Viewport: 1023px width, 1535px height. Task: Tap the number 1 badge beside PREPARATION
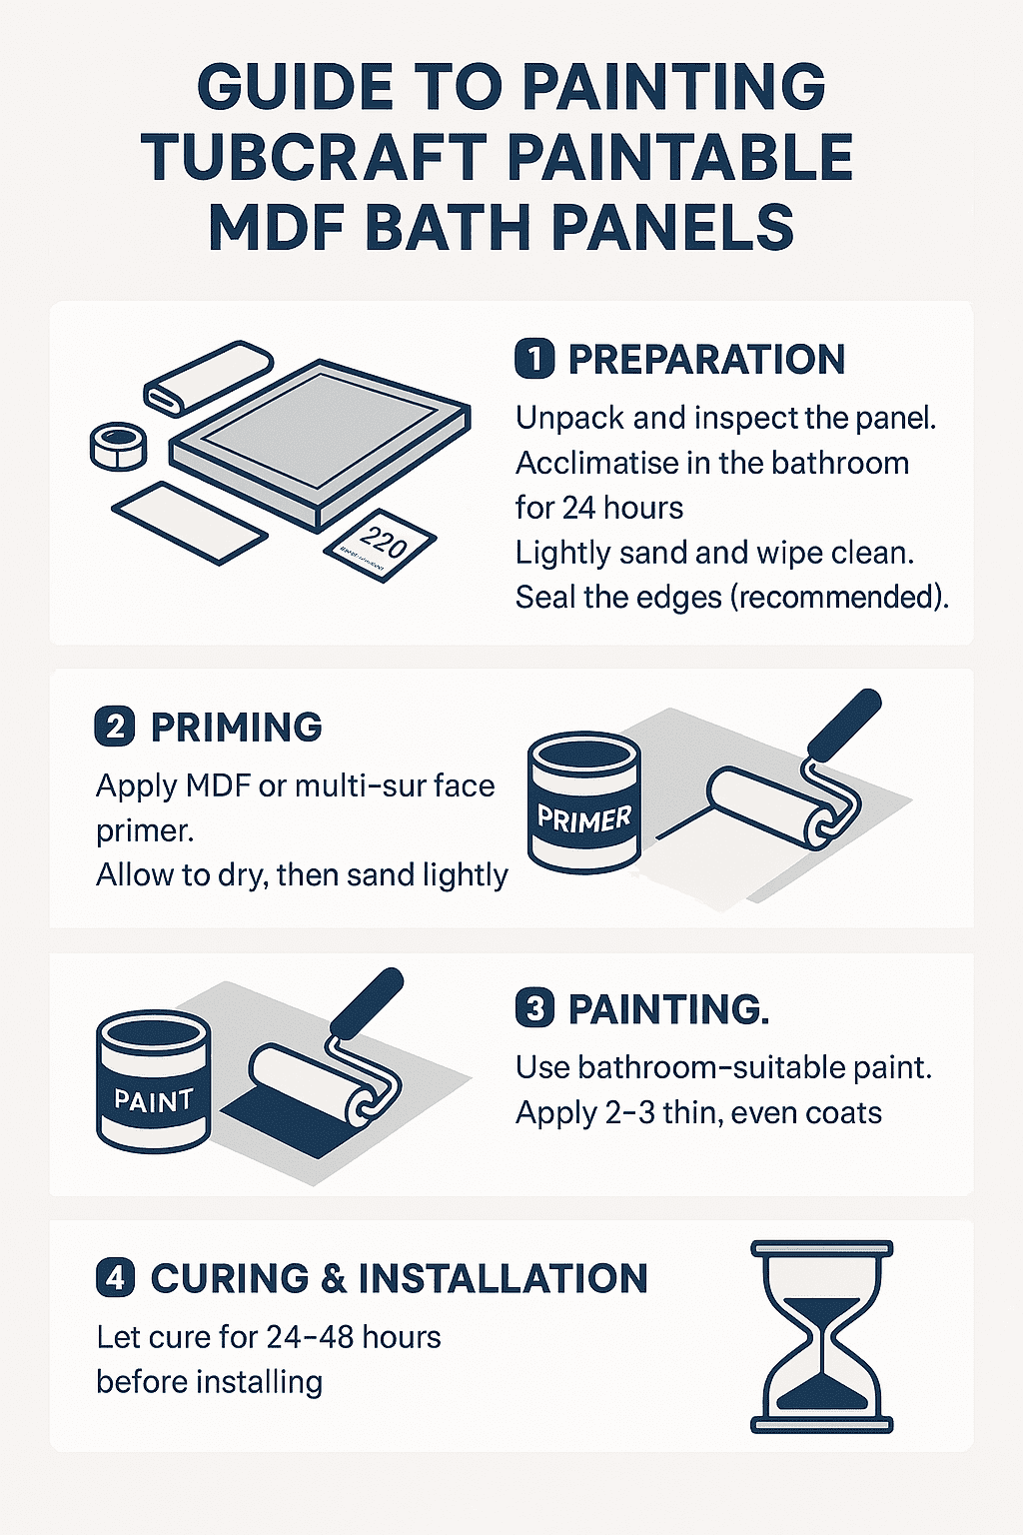click(x=535, y=360)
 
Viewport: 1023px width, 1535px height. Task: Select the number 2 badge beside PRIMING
click(x=115, y=727)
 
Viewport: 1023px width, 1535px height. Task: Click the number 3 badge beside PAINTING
click(x=535, y=1008)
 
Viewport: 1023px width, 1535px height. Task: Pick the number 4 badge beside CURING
click(x=115, y=1278)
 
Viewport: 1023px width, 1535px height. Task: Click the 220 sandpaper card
click(x=380, y=545)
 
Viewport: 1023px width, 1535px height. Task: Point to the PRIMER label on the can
click(x=584, y=819)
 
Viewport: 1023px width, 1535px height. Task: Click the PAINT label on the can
click(x=153, y=1100)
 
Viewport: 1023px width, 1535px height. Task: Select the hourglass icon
click(x=821, y=1337)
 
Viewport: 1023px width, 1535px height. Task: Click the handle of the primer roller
click(x=844, y=722)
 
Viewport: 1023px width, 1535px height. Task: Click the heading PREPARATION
click(x=706, y=360)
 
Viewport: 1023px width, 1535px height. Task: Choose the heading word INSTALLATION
click(x=503, y=1278)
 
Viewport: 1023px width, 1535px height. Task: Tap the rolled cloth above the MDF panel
click(x=209, y=376)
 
